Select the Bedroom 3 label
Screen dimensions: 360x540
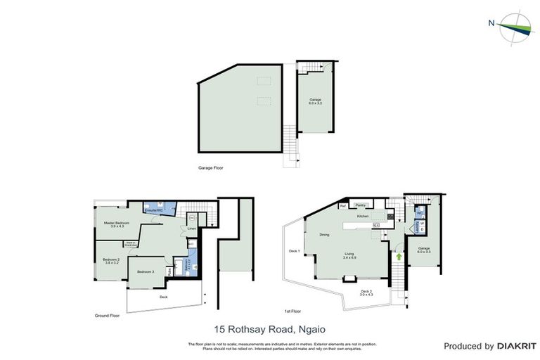pyautogui.click(x=146, y=271)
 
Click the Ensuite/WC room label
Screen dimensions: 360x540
pyautogui.click(x=154, y=210)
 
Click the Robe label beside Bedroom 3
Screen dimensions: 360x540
pyautogui.click(x=169, y=271)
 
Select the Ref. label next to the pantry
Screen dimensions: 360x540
pyautogui.click(x=344, y=206)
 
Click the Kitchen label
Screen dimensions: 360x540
pyautogui.click(x=363, y=217)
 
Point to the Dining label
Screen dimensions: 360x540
pyautogui.click(x=324, y=234)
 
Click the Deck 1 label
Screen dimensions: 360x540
pyautogui.click(x=294, y=251)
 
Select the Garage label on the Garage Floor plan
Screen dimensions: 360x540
pyautogui.click(x=316, y=101)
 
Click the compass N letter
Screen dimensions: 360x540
pyautogui.click(x=491, y=22)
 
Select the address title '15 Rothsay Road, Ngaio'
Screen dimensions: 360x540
pyautogui.click(x=269, y=328)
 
